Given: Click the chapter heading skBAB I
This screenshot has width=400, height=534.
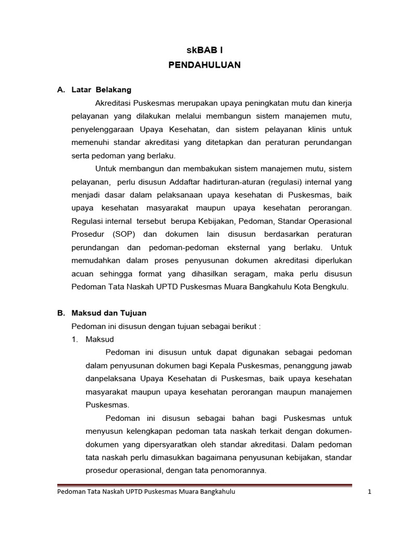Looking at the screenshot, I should pos(204,51).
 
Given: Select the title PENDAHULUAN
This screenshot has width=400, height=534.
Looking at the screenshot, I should pos(204,65).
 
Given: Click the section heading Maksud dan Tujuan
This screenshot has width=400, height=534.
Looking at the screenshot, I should pos(109,313).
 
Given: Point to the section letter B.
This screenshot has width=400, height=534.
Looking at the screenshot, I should pos(60,313).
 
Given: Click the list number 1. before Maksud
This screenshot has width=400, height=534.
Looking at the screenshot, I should pos(75,339).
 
